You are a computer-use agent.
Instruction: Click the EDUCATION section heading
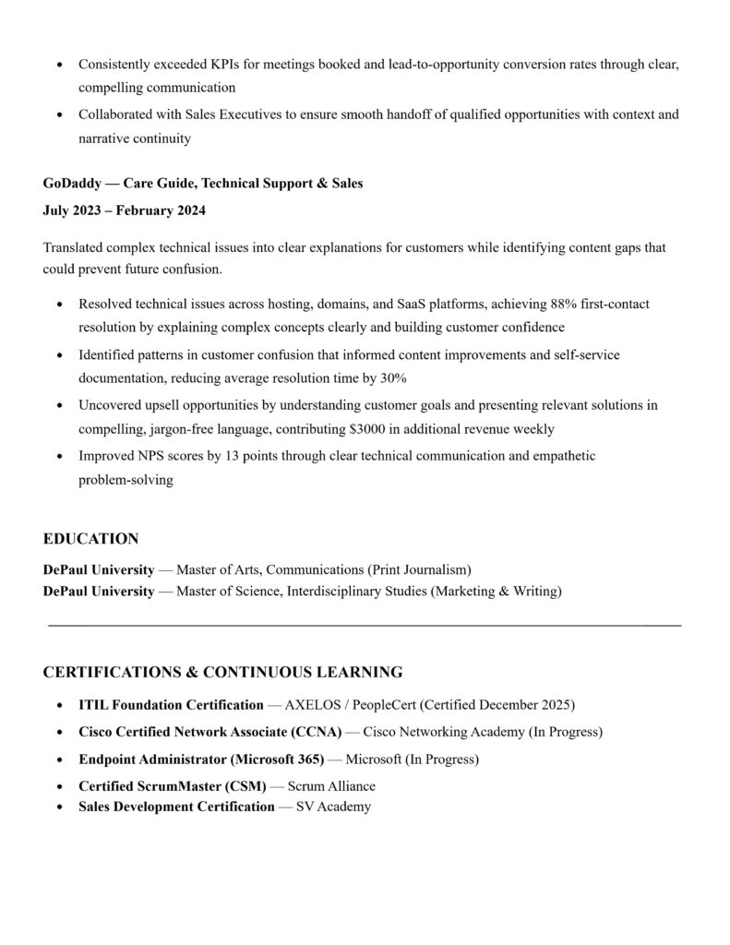coord(90,539)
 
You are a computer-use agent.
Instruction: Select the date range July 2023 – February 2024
coord(124,210)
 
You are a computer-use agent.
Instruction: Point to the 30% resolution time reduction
coord(393,378)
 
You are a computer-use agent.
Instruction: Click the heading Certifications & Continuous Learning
coord(222,672)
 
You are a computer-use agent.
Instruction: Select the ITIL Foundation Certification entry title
coord(171,705)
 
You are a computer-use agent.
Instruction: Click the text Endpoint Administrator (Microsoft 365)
coord(201,760)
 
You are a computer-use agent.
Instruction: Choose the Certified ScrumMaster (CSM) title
coord(173,786)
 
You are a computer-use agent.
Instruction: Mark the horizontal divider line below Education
coord(365,627)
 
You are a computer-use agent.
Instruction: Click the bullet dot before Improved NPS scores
coord(61,456)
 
